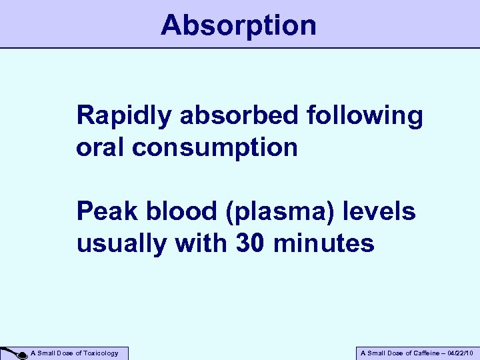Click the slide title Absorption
coord(239,26)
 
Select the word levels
coord(382,212)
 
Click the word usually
coord(123,245)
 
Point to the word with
coord(201,243)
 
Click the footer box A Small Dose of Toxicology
coord(73,353)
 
